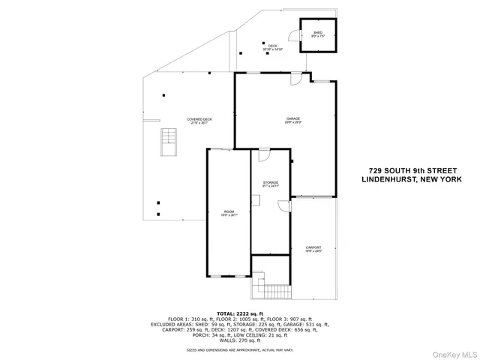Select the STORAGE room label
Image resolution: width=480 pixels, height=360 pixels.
click(x=270, y=183)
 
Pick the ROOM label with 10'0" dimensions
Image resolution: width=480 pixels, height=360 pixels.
click(x=229, y=214)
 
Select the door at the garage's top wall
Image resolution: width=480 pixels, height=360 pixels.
click(x=297, y=78)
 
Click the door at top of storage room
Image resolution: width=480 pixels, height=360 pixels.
click(x=263, y=154)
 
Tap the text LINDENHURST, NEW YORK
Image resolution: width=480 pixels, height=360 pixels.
click(x=411, y=180)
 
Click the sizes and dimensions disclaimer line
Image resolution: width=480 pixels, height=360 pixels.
click(x=240, y=350)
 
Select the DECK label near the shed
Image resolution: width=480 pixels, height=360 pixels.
click(x=272, y=46)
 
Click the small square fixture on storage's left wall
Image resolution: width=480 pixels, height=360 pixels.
click(x=255, y=199)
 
